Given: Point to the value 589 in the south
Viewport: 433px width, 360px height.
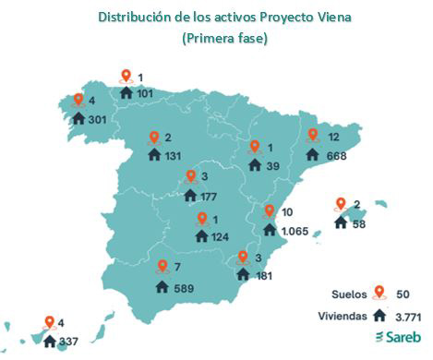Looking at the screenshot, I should (x=187, y=288).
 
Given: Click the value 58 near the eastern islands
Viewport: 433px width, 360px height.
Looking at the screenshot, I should (x=358, y=223).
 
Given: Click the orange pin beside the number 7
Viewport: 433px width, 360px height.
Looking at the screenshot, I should (x=162, y=268).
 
